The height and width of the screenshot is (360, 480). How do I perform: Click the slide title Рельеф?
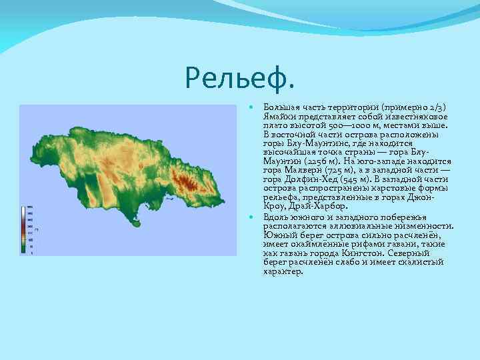point(239,79)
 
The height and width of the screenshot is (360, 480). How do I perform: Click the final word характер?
point(283,272)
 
